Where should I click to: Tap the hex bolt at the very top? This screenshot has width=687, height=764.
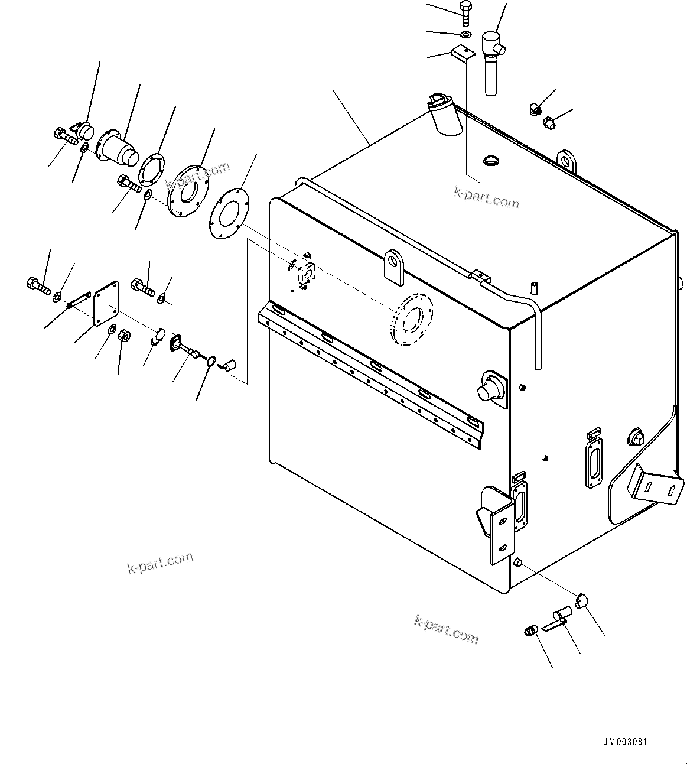(x=464, y=12)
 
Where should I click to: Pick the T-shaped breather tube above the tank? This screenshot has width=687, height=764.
(x=491, y=59)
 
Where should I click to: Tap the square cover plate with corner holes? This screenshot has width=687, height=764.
(x=107, y=303)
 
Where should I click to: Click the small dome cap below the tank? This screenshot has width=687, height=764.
(x=582, y=601)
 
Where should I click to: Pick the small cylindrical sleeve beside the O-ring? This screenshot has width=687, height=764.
(x=229, y=364)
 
